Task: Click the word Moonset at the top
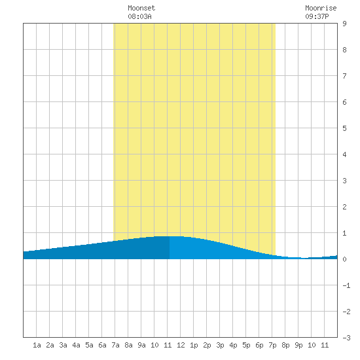[x=141, y=8]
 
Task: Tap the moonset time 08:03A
[x=139, y=16]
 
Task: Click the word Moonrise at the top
[x=321, y=8]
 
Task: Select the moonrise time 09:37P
[x=317, y=16]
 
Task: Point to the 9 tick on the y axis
[x=344, y=24]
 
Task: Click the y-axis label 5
[x=344, y=128]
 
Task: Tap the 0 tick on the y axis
[x=344, y=259]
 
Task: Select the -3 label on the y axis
[x=346, y=338]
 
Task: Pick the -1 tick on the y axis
[x=346, y=285]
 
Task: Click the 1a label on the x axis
[x=37, y=345]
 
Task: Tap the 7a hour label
[x=115, y=345]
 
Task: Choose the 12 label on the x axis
[x=181, y=345]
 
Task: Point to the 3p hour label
[x=220, y=345]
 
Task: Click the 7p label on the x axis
[x=272, y=345]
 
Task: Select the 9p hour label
[x=298, y=345]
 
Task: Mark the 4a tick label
[x=76, y=345]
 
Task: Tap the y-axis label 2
[x=344, y=207]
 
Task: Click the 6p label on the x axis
[x=259, y=345]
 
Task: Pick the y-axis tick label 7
[x=344, y=76]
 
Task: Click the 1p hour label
[x=194, y=345]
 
